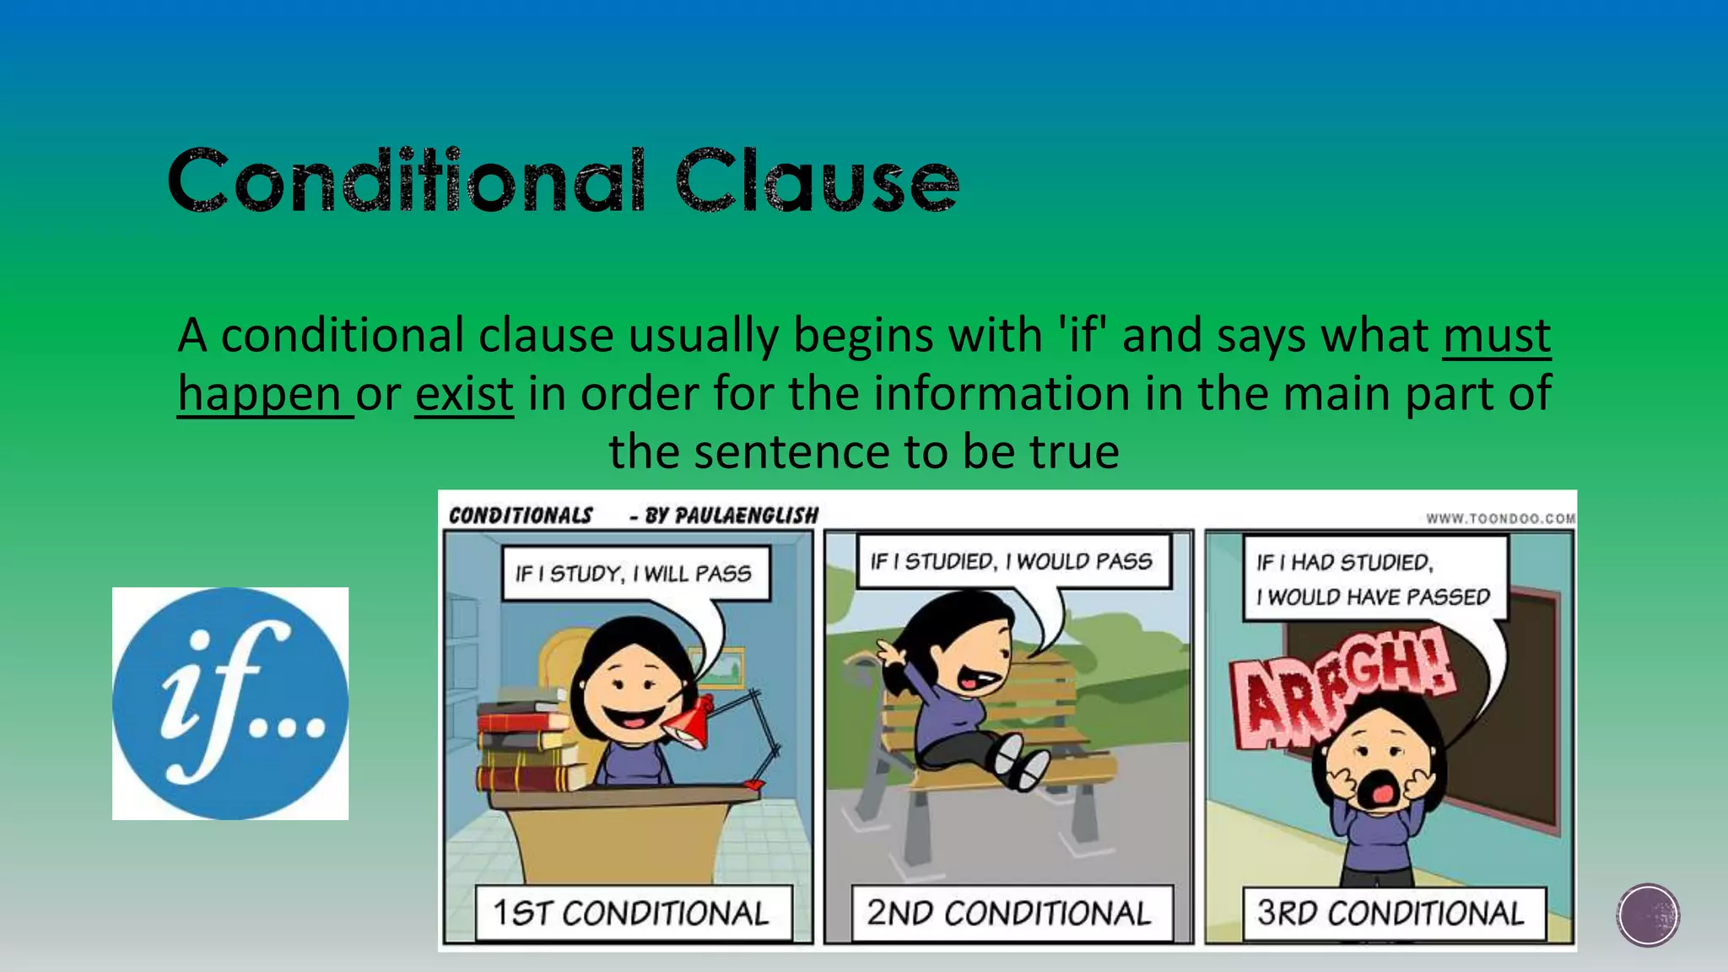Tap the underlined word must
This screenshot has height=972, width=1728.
(1496, 336)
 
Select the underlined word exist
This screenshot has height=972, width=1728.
(464, 394)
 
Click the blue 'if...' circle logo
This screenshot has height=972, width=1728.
(230, 703)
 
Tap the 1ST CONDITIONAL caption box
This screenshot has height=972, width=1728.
(633, 913)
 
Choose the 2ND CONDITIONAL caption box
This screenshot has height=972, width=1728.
(1010, 913)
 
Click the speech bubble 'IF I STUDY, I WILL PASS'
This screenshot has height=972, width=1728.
(634, 574)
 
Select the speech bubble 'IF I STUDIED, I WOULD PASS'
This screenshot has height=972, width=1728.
(1012, 561)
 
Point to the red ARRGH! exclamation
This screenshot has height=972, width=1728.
(1342, 688)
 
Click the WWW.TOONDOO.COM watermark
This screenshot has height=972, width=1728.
(1500, 518)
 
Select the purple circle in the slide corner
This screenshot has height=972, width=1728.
(1648, 915)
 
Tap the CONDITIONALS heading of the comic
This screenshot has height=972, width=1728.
(521, 516)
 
